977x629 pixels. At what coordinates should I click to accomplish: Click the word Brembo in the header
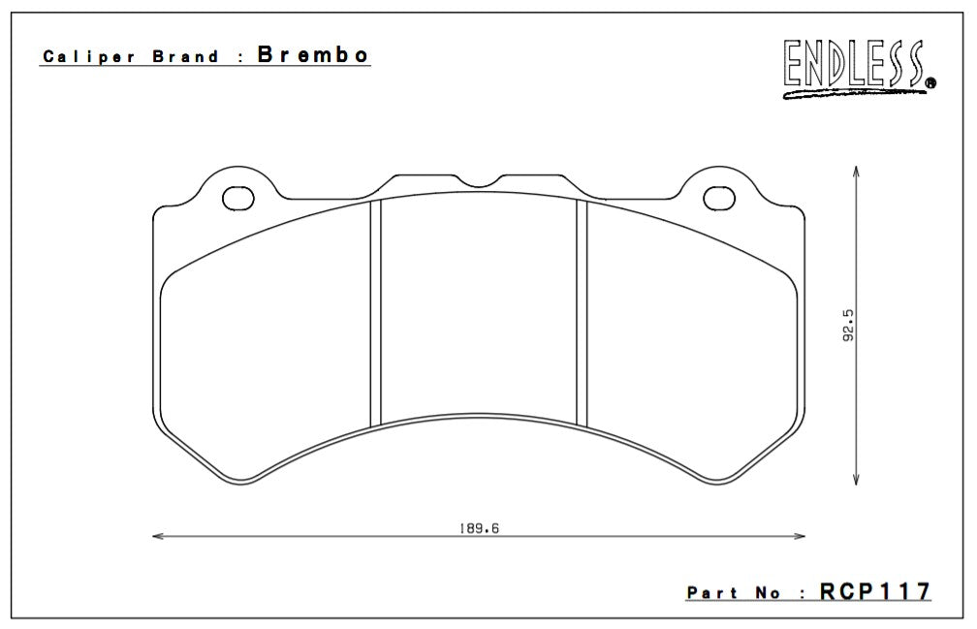[313, 54]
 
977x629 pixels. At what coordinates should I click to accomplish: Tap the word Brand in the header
[188, 56]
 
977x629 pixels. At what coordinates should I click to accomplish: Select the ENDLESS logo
[853, 66]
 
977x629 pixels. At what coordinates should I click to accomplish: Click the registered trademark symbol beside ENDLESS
[931, 84]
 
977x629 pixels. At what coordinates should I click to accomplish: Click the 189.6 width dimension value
[478, 528]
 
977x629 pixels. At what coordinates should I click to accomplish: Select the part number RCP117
[875, 590]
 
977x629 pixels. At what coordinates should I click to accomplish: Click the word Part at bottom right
[712, 592]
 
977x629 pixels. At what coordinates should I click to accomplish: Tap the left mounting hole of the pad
[237, 198]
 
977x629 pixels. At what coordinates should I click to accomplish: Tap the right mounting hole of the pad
[718, 198]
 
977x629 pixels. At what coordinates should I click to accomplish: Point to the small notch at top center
[480, 180]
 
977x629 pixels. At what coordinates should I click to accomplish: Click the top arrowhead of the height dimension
[855, 172]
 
